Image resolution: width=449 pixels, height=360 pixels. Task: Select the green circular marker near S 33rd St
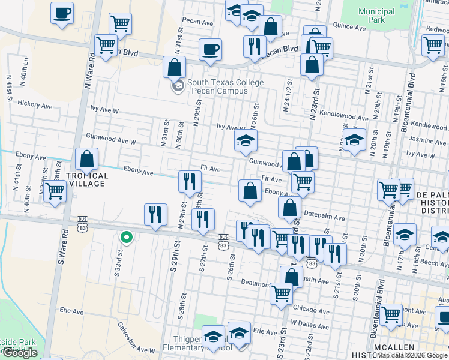click(126, 238)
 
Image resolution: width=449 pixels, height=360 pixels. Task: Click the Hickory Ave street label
click(35, 104)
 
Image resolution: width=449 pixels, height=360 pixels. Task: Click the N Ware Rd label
click(92, 62)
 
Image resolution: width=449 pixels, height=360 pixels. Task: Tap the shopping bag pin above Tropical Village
click(87, 160)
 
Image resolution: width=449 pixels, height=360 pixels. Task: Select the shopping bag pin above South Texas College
click(175, 67)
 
